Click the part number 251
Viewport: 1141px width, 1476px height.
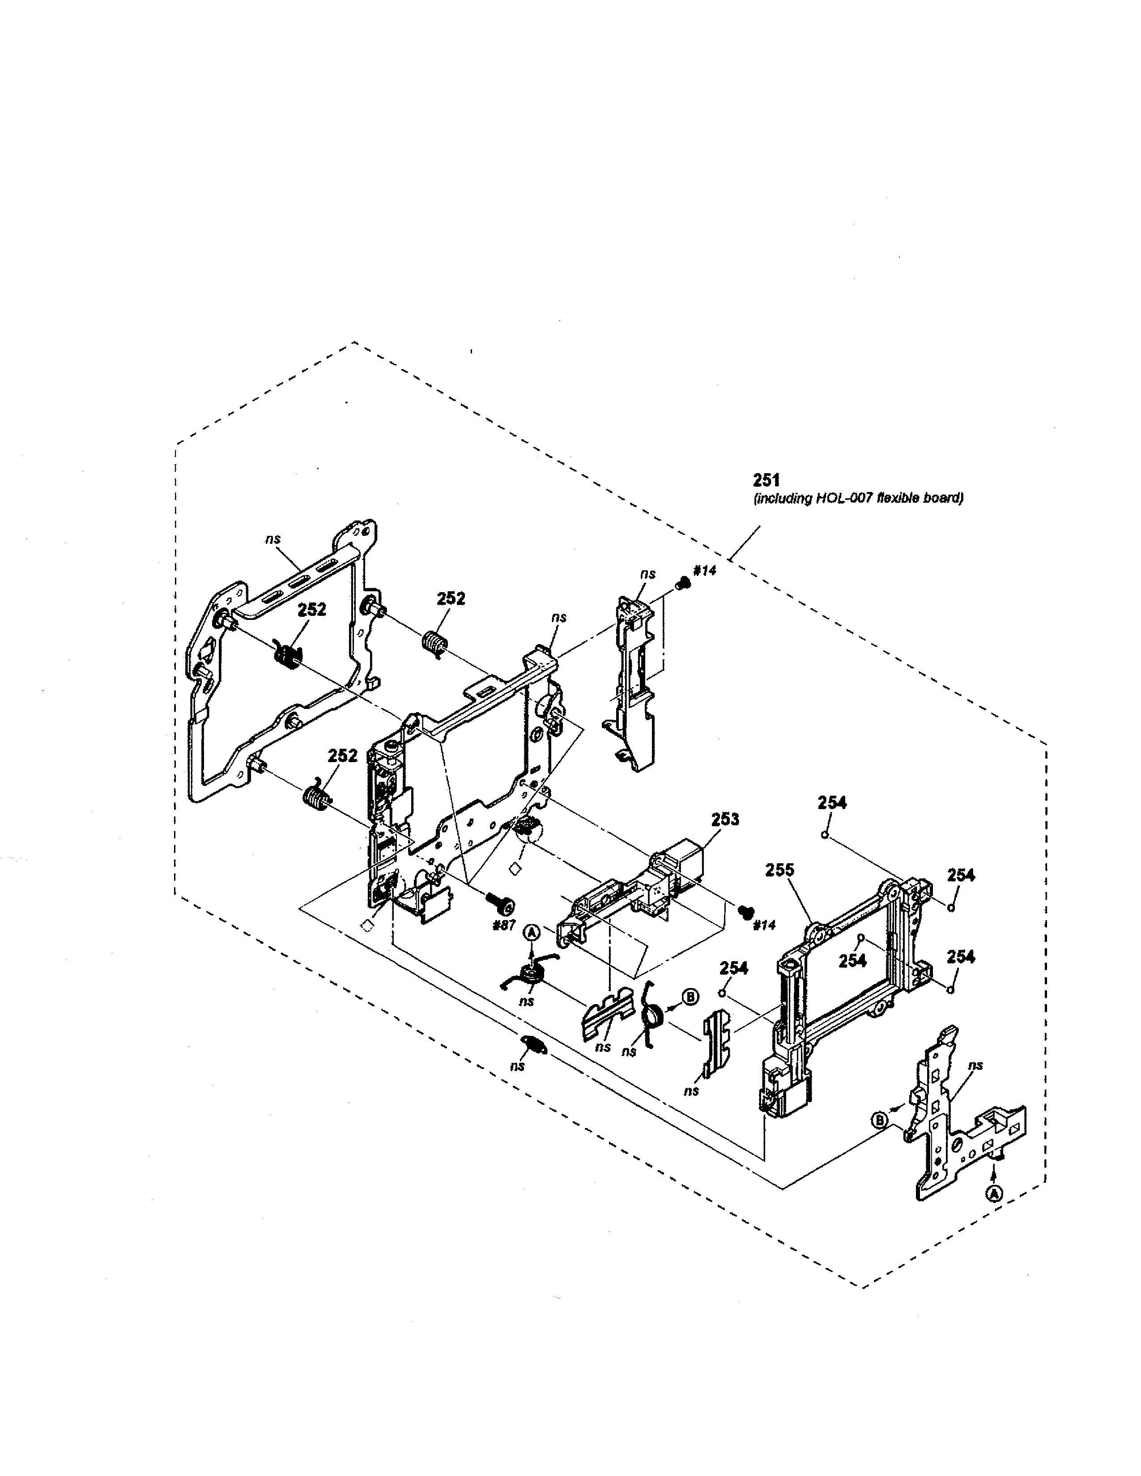[766, 480]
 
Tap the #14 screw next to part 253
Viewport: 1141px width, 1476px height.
[745, 912]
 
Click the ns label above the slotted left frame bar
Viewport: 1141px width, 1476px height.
[272, 539]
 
